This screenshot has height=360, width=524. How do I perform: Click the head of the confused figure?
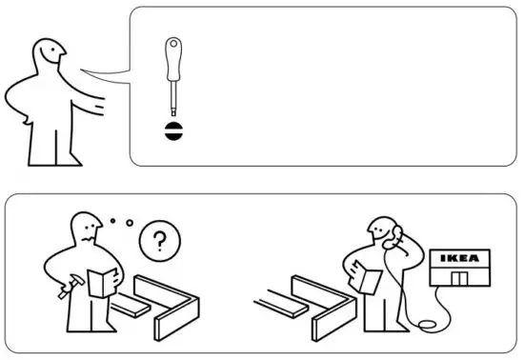pyautogui.click(x=86, y=228)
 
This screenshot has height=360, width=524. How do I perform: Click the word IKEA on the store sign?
pyautogui.click(x=461, y=258)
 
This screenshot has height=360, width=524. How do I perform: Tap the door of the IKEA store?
pyautogui.click(x=460, y=278)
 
